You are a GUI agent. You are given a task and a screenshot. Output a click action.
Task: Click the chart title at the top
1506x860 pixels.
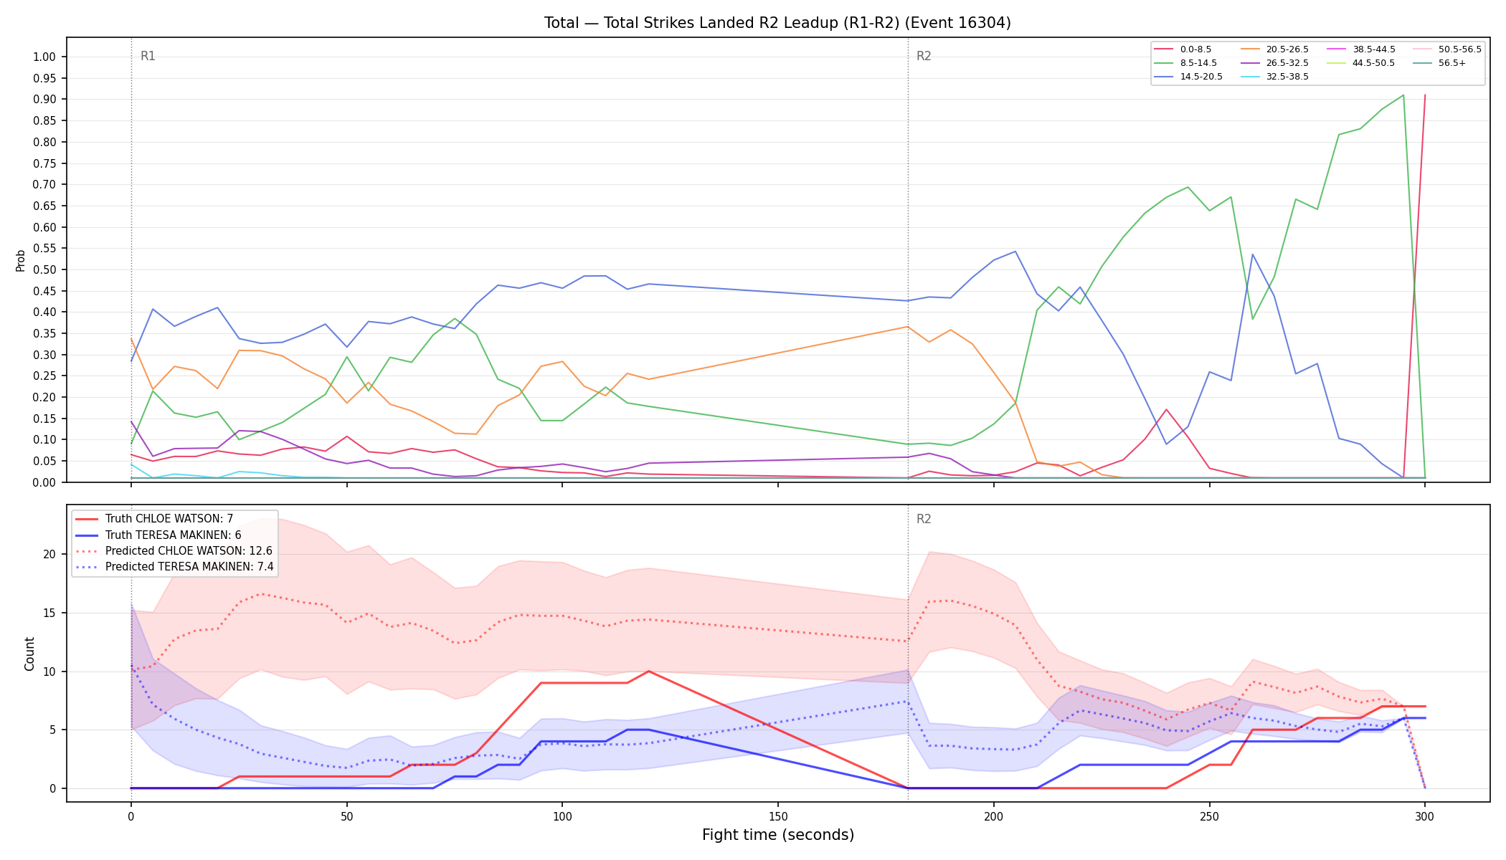(777, 23)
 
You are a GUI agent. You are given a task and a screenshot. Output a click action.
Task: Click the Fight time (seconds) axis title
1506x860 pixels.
(778, 835)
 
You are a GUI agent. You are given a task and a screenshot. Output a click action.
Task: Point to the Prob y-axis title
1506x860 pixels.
(21, 260)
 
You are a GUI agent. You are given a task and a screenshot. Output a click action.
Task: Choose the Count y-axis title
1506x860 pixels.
(29, 654)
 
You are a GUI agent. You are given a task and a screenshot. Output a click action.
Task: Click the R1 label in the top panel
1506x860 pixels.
(148, 57)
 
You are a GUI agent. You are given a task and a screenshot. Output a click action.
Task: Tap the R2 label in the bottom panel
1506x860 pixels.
(924, 520)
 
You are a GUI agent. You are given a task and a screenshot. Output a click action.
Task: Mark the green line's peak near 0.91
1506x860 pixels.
(1403, 95)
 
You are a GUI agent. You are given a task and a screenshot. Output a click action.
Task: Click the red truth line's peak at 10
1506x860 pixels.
(648, 672)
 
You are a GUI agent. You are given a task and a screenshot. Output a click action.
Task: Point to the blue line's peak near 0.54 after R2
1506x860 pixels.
(1015, 252)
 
